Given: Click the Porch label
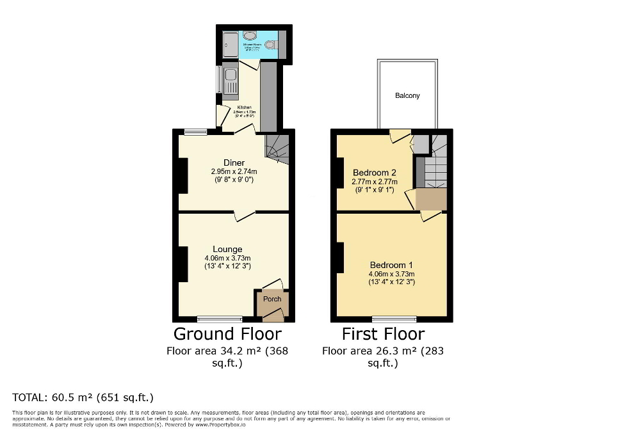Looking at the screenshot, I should [x=272, y=299].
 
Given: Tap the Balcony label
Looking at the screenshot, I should [x=407, y=95].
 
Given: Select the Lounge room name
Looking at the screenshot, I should [x=227, y=250].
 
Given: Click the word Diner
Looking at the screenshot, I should [x=234, y=163].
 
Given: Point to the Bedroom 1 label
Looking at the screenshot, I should [x=391, y=265].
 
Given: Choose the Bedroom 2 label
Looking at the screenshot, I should [x=375, y=173].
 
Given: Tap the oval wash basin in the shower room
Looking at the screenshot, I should [x=250, y=36].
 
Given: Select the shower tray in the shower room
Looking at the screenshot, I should [x=229, y=44].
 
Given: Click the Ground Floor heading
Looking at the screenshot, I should [x=227, y=333].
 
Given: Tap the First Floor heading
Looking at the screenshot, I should [x=383, y=333].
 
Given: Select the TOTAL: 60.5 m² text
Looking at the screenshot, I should [x=83, y=397].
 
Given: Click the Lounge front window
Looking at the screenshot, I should [x=220, y=319].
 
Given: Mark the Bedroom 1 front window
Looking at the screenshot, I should [x=394, y=319].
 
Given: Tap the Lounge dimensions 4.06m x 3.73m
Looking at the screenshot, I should [x=227, y=258].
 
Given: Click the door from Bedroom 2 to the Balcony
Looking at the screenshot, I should [x=399, y=135].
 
